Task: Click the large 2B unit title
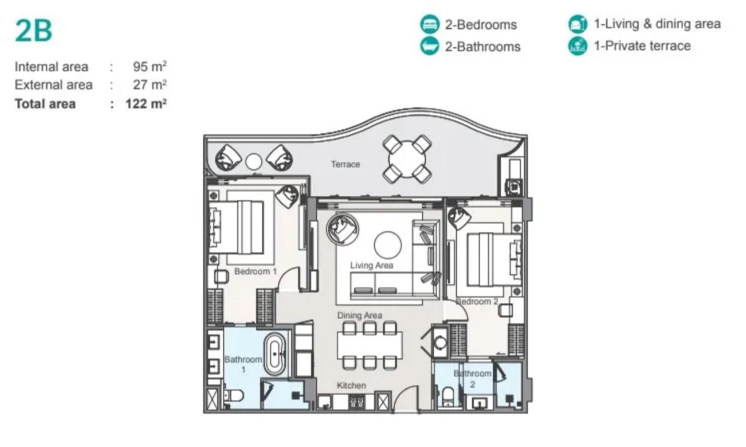point(34,30)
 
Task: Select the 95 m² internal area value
point(150,67)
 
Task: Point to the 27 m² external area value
point(150,85)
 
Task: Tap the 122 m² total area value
point(146,104)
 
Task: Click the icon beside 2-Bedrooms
point(430,24)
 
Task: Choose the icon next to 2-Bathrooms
point(430,46)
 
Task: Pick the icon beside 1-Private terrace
point(578,46)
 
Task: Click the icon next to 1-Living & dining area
point(578,24)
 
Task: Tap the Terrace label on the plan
point(345,164)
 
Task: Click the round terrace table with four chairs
point(407,159)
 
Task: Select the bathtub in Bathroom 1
point(274,354)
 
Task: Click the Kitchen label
point(351,385)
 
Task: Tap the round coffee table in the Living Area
point(388,245)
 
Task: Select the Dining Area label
point(359,315)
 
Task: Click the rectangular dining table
point(370,345)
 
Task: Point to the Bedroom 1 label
point(256,271)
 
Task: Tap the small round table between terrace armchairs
point(253,162)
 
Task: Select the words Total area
point(45,104)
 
